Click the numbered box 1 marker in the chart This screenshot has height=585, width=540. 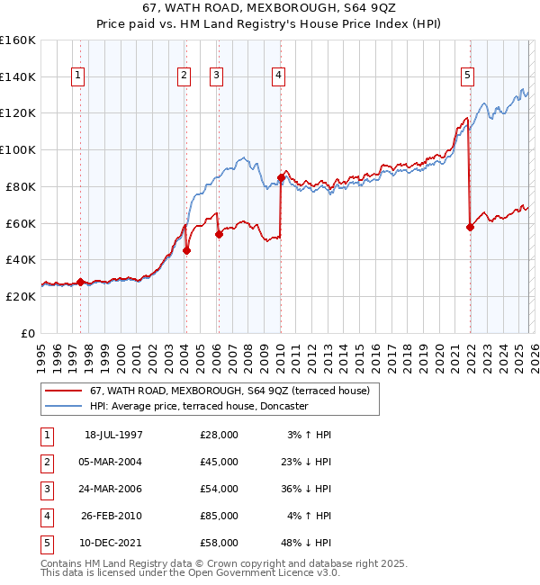click(79, 76)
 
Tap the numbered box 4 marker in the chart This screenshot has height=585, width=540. click(279, 76)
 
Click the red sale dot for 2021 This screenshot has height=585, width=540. click(470, 227)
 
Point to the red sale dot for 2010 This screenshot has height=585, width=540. click(281, 177)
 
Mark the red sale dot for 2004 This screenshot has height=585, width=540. click(186, 251)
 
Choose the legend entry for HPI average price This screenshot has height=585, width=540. click(198, 406)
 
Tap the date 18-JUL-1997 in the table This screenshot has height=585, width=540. click(112, 435)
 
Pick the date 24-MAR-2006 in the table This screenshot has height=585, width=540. click(112, 489)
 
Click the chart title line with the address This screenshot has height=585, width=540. click(270, 8)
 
